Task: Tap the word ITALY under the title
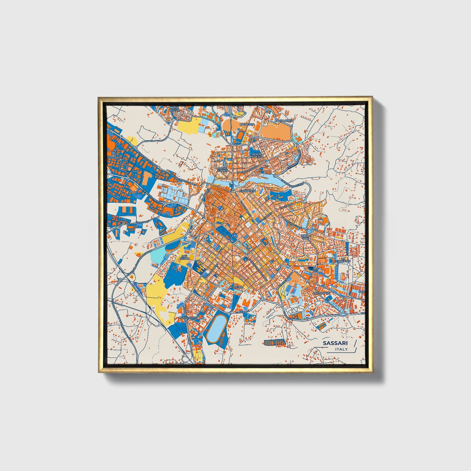click(341, 349)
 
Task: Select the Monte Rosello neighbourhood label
click(256, 155)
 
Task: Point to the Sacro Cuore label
click(223, 169)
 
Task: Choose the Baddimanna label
click(284, 121)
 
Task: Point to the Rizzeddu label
click(237, 287)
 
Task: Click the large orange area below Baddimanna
click(276, 132)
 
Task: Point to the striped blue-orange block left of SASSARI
click(274, 342)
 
